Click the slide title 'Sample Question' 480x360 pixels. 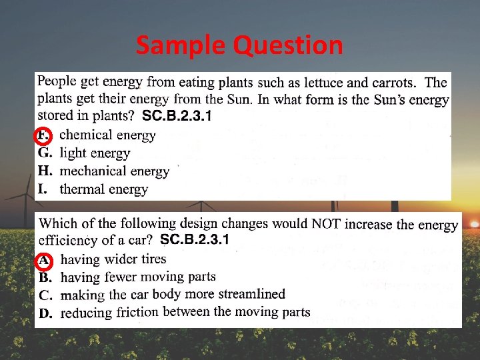[x=239, y=45]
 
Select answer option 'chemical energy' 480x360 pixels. [x=107, y=135]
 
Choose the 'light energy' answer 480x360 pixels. [x=95, y=153]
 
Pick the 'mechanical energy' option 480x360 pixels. [x=114, y=171]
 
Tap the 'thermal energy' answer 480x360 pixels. [x=103, y=189]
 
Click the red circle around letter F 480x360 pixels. [x=42, y=135]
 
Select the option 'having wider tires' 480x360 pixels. [x=113, y=259]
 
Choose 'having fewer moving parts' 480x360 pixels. [x=137, y=277]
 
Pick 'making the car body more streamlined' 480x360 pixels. [x=172, y=294]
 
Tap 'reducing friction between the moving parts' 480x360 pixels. [x=185, y=311]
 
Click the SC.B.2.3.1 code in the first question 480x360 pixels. [x=177, y=117]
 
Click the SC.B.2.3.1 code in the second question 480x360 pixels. [x=195, y=239]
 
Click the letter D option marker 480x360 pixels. [x=45, y=312]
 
